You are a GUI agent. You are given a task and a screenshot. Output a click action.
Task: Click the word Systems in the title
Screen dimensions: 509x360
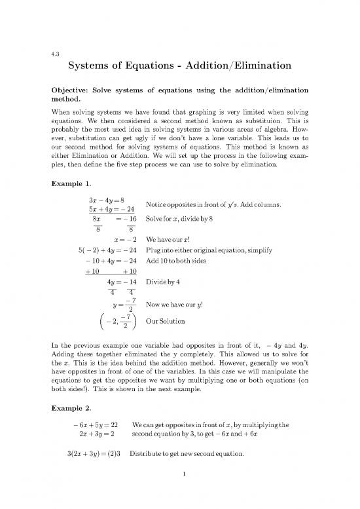93,67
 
